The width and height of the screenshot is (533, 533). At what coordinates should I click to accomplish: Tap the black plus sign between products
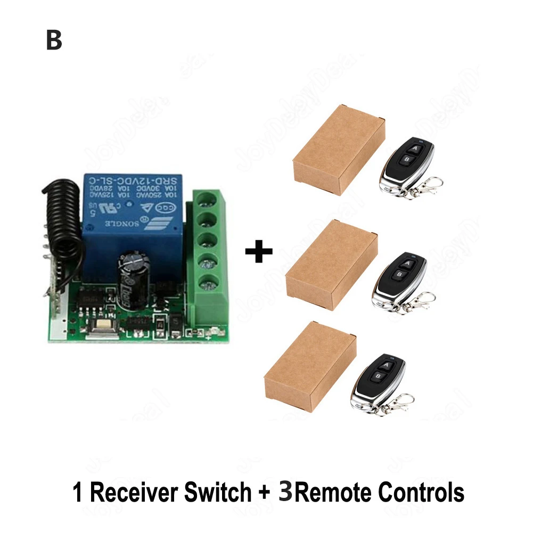[259, 251]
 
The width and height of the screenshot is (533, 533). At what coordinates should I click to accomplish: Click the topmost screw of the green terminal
[203, 199]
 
